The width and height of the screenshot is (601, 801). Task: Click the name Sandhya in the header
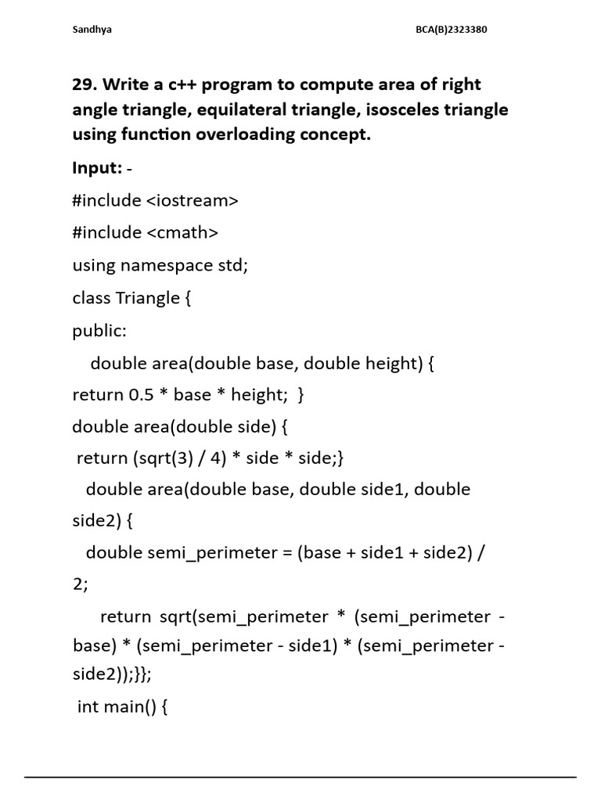[x=92, y=30]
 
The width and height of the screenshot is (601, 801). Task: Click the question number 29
[x=86, y=84]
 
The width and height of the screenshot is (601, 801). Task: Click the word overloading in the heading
[x=233, y=135]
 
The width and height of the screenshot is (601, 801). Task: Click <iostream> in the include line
[x=192, y=200]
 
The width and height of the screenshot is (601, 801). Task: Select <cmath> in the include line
[x=182, y=232]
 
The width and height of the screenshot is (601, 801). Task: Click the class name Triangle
[x=148, y=298]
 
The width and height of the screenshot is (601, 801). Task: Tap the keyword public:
[x=99, y=330]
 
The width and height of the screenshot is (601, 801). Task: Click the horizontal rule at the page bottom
[x=300, y=777]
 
